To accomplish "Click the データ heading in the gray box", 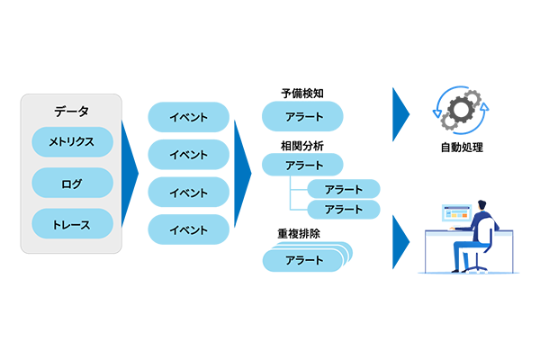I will pyautogui.click(x=71, y=112).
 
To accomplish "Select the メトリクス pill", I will pyautogui.click(x=71, y=141).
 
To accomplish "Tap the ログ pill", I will pyautogui.click(x=71, y=184).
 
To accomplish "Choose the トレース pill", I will pyautogui.click(x=71, y=224).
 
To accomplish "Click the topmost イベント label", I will pyautogui.click(x=188, y=117).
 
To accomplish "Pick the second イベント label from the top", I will pyautogui.click(x=188, y=155).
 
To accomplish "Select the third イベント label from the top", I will pyautogui.click(x=188, y=193).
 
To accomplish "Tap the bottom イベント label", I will pyautogui.click(x=188, y=230).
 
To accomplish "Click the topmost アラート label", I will pyautogui.click(x=304, y=117).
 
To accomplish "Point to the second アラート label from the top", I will pyautogui.click(x=304, y=166).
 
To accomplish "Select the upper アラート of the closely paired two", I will pyautogui.click(x=343, y=190).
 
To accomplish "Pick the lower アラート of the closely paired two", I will pyautogui.click(x=343, y=209).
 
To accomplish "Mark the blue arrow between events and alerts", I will pyautogui.click(x=243, y=171).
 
